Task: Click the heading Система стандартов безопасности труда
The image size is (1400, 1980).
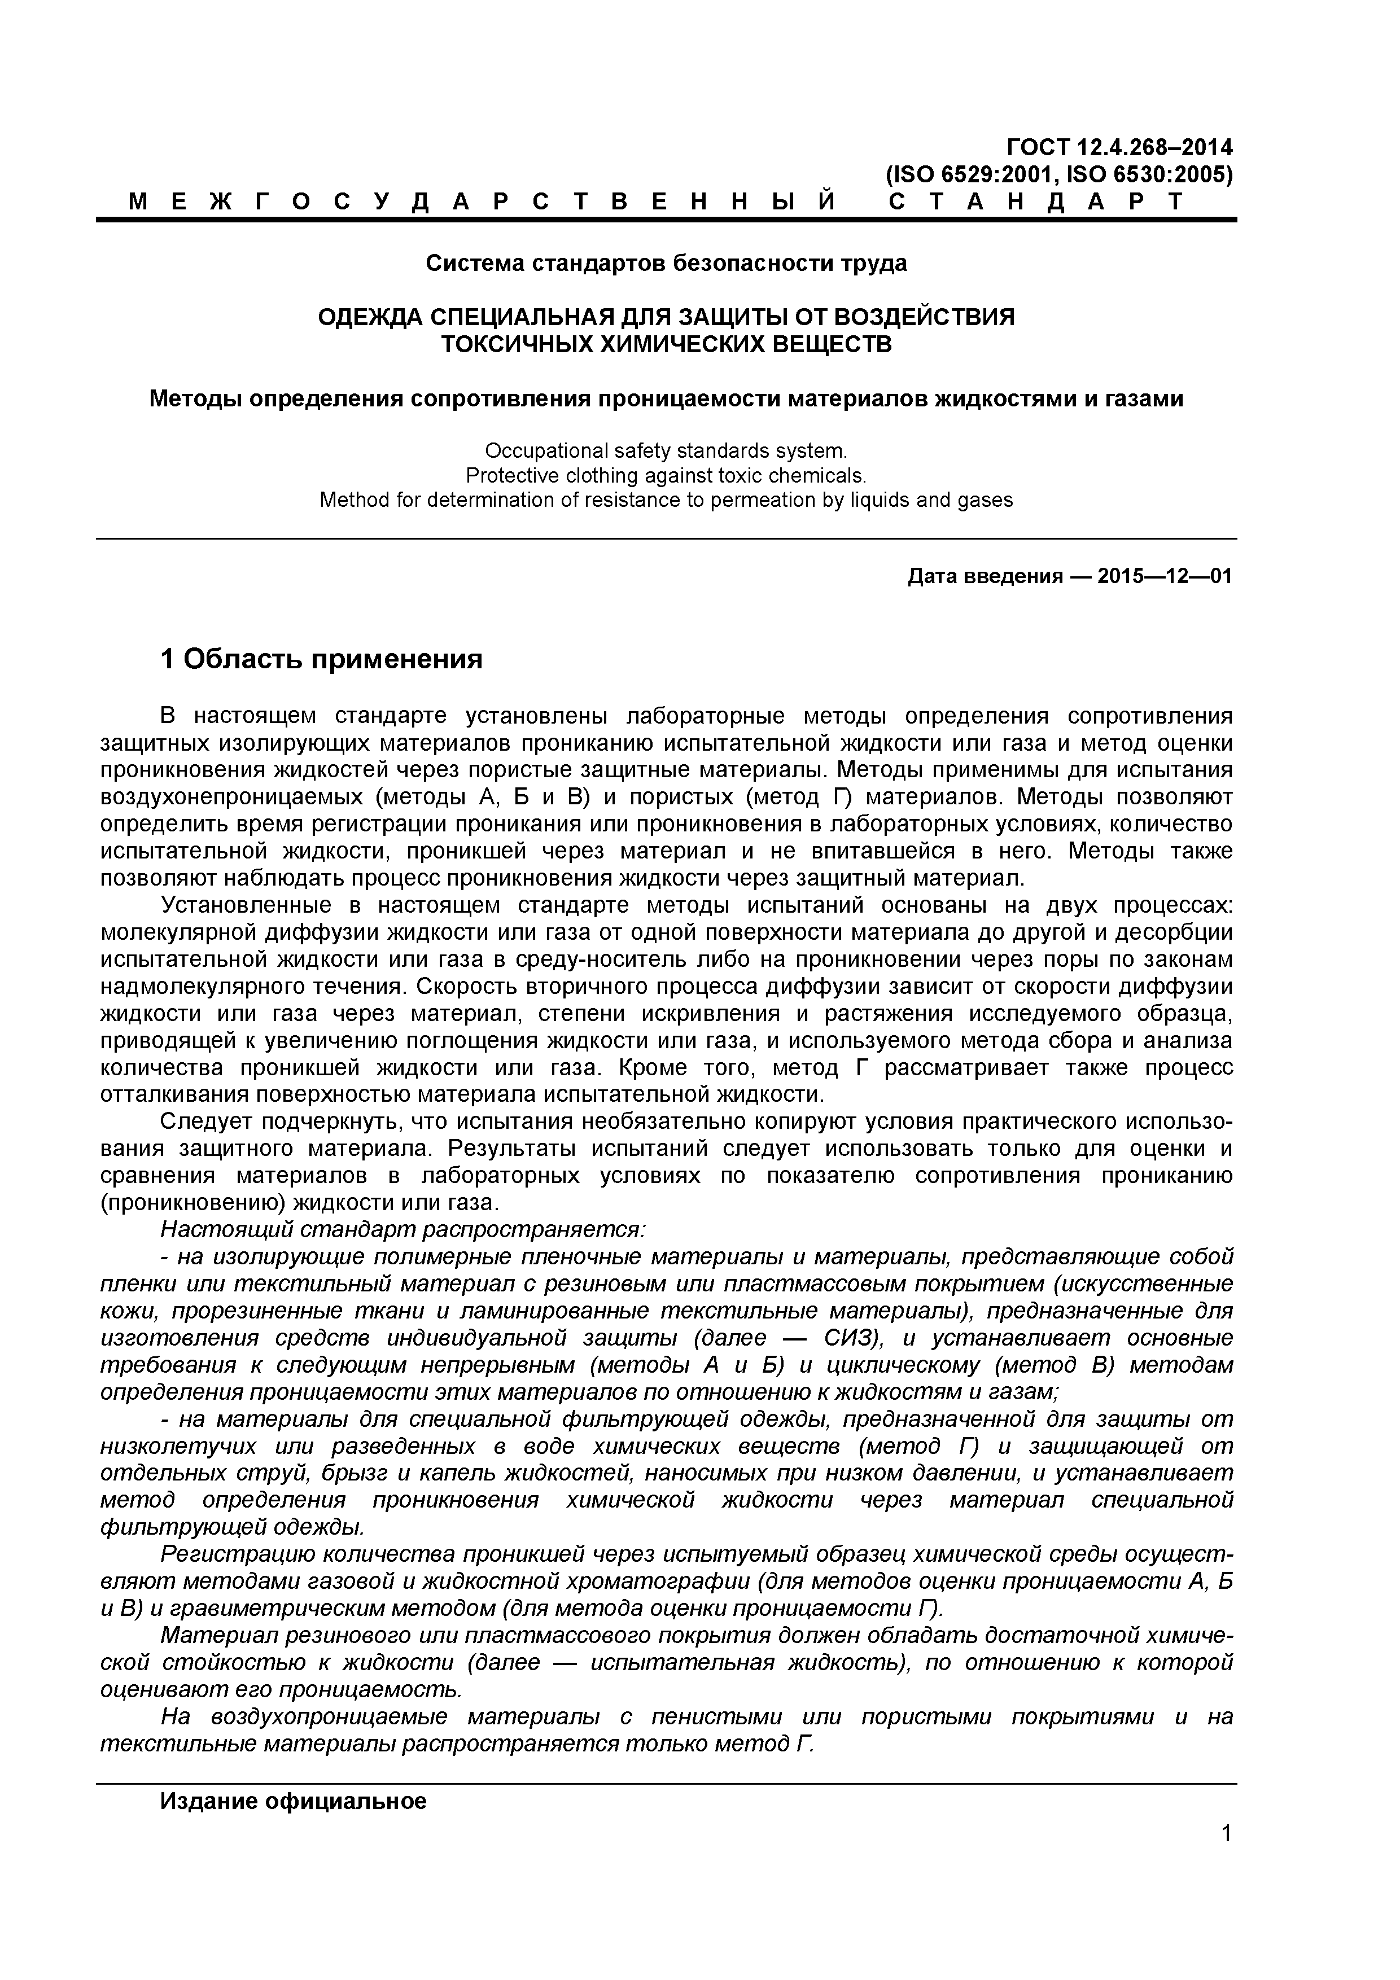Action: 666,263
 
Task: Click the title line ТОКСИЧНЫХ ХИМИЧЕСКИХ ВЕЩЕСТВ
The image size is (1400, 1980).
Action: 666,345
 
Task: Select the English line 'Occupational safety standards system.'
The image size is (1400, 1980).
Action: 666,451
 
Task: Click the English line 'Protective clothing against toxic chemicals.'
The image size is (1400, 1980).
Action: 666,475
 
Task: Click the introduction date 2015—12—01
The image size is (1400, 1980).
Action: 1165,576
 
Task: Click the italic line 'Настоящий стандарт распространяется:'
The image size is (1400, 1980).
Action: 403,1228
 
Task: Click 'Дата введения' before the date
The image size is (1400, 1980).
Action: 984,576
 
